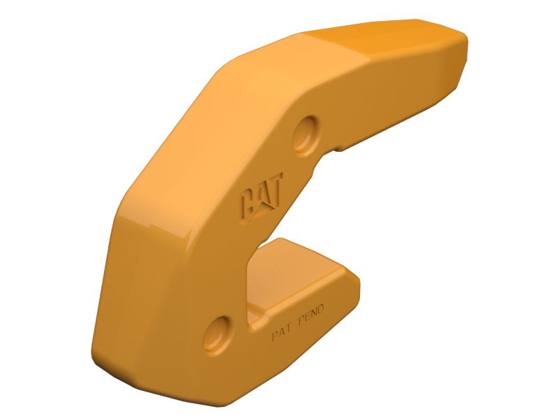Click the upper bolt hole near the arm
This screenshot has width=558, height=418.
pos(306,133)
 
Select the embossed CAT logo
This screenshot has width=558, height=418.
pos(259,202)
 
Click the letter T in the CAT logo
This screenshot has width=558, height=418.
pos(273,194)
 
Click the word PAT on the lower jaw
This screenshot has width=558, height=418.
pos(283,332)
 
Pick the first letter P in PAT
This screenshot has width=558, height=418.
pos(274,336)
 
